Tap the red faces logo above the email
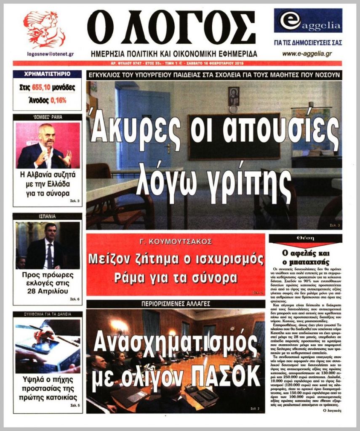(x=44, y=29)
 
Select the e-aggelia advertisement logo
(x=308, y=21)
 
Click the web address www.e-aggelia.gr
(x=307, y=53)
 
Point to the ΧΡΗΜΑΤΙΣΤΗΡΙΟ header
(x=47, y=74)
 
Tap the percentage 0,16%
(x=59, y=101)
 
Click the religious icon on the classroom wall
(x=233, y=96)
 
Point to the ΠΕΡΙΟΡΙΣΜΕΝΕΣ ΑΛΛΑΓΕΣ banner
(x=176, y=303)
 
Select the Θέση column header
(x=305, y=238)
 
